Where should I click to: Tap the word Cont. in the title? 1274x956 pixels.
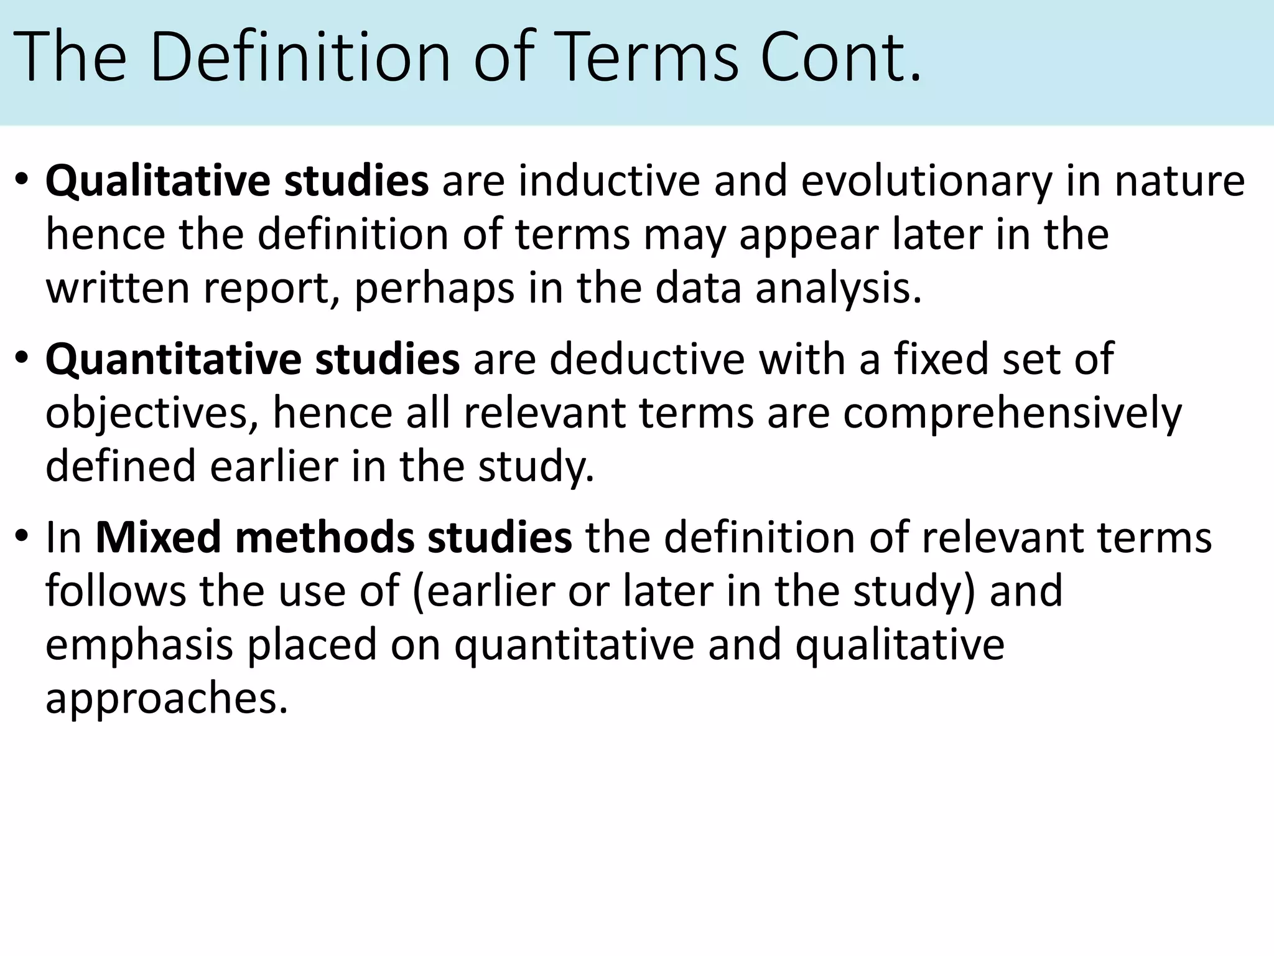(x=839, y=57)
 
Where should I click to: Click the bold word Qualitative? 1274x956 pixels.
(x=157, y=182)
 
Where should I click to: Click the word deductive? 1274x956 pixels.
(x=646, y=360)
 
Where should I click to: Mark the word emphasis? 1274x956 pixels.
(x=139, y=645)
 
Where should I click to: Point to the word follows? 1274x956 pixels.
(x=115, y=591)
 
